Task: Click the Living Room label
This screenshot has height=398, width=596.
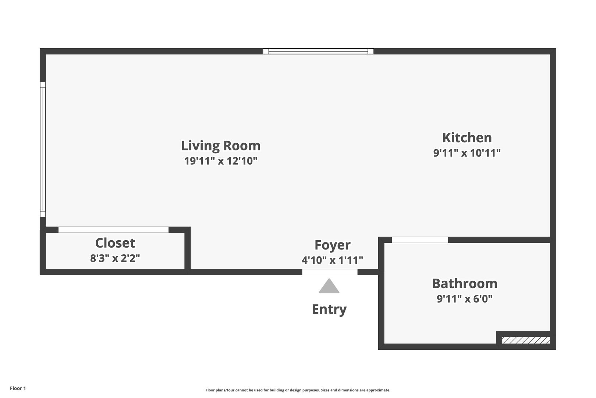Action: pyautogui.click(x=221, y=146)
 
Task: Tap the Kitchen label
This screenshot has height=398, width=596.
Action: pyautogui.click(x=467, y=137)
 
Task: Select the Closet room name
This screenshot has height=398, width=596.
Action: pyautogui.click(x=115, y=243)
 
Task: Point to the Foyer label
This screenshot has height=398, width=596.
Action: pyautogui.click(x=332, y=245)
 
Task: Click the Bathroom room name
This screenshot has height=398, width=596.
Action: pyautogui.click(x=465, y=283)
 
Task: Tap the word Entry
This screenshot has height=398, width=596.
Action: pyautogui.click(x=329, y=310)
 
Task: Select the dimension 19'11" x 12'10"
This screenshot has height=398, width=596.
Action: pyautogui.click(x=221, y=161)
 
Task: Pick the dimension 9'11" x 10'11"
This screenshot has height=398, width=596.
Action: pyautogui.click(x=467, y=153)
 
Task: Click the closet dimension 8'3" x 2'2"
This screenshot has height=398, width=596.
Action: pyautogui.click(x=115, y=258)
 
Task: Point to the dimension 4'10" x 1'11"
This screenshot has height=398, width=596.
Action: pyautogui.click(x=332, y=260)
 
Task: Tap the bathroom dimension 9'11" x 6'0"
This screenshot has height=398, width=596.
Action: pyautogui.click(x=465, y=298)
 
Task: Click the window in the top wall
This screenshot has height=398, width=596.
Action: pyautogui.click(x=318, y=51)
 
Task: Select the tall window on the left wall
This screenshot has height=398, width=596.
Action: pyautogui.click(x=43, y=149)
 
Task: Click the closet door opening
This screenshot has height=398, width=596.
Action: pyautogui.click(x=113, y=230)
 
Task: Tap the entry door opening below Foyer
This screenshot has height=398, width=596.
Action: pyautogui.click(x=330, y=272)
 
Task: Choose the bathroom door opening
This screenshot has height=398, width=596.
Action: pyautogui.click(x=420, y=240)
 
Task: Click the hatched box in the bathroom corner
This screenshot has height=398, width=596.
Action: pyautogui.click(x=526, y=341)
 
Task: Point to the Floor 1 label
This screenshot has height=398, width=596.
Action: pyautogui.click(x=18, y=388)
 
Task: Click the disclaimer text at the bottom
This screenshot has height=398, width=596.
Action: pyautogui.click(x=298, y=390)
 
